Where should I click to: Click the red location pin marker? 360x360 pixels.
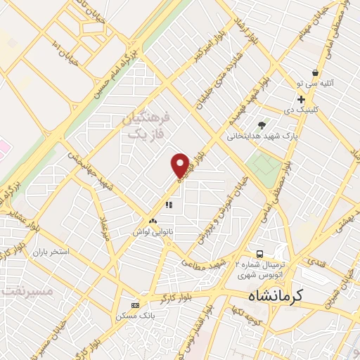pos(180,165)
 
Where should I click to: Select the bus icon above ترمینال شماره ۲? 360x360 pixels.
pos(260,254)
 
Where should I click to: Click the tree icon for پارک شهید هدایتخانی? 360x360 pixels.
pos(262,125)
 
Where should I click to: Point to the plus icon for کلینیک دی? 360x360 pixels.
pos(301,99)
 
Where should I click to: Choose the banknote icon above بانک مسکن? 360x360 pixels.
pos(135,305)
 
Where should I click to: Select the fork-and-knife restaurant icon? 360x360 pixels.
pos(168,205)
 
